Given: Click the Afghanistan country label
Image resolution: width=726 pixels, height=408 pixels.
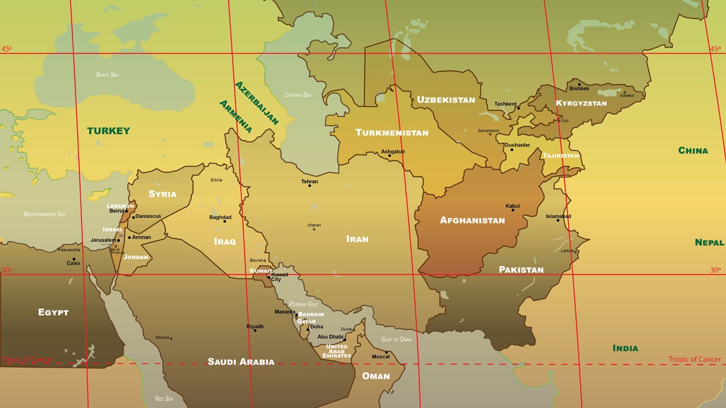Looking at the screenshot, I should click(x=472, y=220).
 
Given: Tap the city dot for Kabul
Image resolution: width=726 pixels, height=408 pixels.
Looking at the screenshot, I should click(x=513, y=210).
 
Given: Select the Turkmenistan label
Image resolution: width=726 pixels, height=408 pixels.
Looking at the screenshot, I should click(x=392, y=133).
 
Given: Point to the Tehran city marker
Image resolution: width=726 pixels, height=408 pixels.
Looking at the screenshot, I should click(x=310, y=186).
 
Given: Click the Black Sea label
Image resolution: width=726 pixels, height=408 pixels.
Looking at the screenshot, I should click(x=107, y=75).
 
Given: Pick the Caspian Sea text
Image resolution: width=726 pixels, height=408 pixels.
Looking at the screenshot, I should click(x=298, y=95).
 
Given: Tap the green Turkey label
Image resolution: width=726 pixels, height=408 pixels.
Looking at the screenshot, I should click(x=108, y=131).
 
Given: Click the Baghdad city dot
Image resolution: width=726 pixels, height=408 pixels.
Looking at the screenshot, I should click(x=225, y=221).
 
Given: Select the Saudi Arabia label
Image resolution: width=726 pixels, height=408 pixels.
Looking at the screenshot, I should click(x=241, y=362).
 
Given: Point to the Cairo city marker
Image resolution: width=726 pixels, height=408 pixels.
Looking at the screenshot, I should click(x=73, y=259).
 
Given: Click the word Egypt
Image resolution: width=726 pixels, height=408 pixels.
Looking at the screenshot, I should click(x=53, y=312).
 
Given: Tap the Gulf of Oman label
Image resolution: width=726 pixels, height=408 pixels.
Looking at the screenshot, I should click(x=396, y=339).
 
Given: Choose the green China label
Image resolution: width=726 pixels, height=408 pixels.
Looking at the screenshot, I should click(x=693, y=151).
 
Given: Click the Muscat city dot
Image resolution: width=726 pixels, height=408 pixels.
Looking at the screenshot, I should click(x=387, y=352).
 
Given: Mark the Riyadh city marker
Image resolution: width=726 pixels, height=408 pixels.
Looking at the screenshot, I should click(x=255, y=330).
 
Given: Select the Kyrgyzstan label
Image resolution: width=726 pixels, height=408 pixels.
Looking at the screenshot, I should click(x=581, y=103).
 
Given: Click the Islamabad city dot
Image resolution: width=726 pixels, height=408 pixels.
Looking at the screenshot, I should click(x=558, y=220).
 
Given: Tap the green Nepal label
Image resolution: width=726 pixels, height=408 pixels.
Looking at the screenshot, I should click(x=709, y=243).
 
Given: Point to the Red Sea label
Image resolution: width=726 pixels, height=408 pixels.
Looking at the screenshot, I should click(x=164, y=399).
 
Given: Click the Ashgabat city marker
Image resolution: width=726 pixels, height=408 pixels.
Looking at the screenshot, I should click(x=389, y=156).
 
